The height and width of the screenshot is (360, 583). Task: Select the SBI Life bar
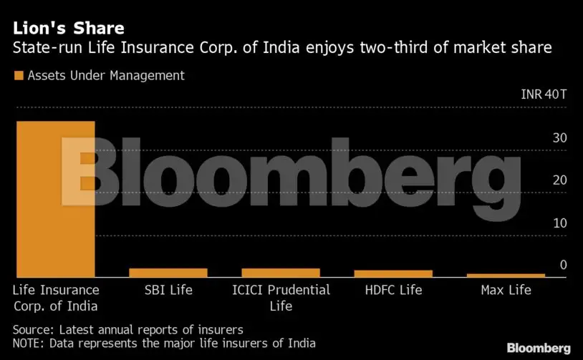168,273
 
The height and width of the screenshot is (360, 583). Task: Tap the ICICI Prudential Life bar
281,273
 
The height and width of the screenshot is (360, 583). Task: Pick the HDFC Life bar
394,273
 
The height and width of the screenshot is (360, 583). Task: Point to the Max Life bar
506,276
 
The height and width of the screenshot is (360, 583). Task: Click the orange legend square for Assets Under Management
18,76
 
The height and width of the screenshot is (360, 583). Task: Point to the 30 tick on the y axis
559,137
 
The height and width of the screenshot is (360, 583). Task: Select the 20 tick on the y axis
559,180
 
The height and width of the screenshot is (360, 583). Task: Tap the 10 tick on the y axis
559,223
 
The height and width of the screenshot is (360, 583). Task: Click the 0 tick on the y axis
563,265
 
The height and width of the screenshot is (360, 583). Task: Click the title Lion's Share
69,29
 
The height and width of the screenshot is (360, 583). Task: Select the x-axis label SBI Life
168,290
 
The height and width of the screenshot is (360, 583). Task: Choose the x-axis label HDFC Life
394,290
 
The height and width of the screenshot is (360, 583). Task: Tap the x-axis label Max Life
506,290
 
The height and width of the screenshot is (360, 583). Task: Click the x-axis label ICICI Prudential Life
281,298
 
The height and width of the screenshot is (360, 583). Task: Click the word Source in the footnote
33,330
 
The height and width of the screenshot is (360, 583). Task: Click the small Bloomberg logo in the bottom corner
539,348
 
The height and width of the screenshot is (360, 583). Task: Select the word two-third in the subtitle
397,49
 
